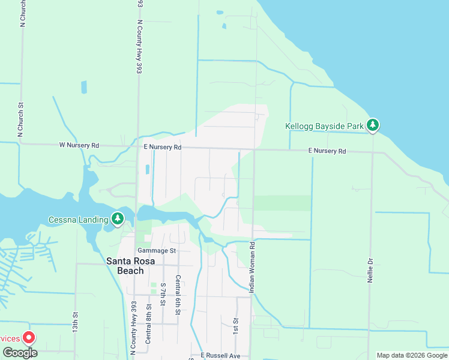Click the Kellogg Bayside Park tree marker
[373, 125]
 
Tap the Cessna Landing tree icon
[118, 219]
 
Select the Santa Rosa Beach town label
[125, 266]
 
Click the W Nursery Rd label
[79, 145]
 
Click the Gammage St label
[156, 251]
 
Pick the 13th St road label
[76, 322]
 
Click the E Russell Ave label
[222, 355]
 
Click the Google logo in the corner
[19, 353]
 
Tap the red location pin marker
[28, 338]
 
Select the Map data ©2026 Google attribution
[412, 355]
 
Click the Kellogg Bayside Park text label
[325, 127]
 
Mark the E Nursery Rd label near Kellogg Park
[327, 151]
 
